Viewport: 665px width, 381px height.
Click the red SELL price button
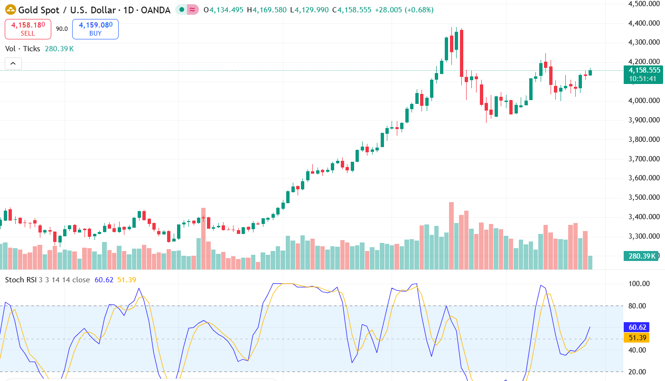[x=28, y=29]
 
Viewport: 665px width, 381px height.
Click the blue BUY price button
[x=95, y=29]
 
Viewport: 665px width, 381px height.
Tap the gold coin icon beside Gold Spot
[x=10, y=9]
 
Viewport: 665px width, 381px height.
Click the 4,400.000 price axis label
[x=644, y=23]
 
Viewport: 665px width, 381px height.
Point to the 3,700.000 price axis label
[x=644, y=158]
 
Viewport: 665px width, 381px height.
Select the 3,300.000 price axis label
[x=644, y=236]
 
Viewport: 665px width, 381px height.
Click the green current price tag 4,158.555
[x=643, y=70]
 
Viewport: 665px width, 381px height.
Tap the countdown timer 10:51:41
[x=643, y=79]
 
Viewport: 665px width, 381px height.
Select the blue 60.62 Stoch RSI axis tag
[x=636, y=327]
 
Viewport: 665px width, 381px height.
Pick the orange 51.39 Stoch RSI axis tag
[x=636, y=338]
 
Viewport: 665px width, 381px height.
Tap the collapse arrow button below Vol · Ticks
[x=13, y=63]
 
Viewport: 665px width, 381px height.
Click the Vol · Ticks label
[x=22, y=48]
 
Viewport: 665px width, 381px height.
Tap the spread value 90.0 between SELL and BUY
[x=62, y=28]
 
